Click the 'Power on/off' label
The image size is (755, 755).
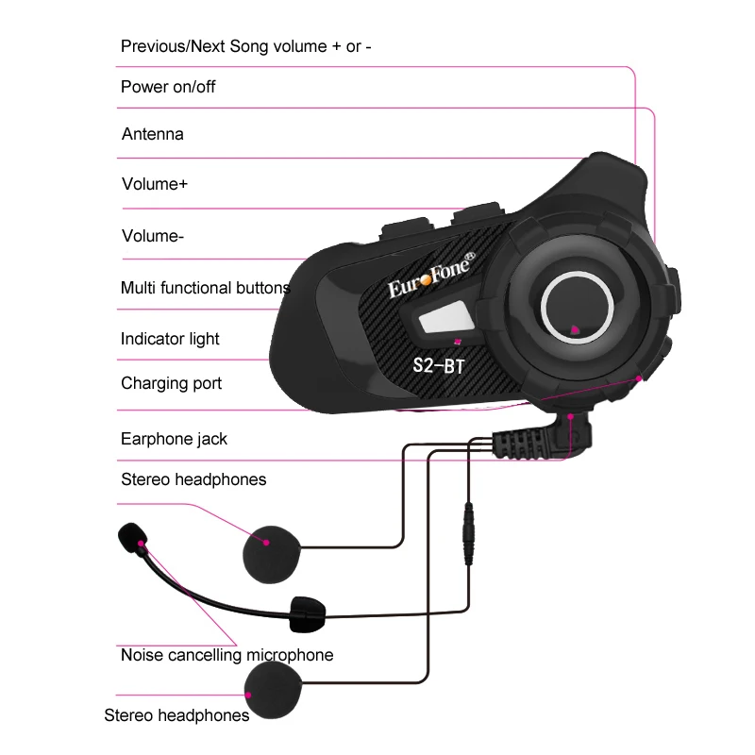pyautogui.click(x=168, y=87)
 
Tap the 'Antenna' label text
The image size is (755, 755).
pyautogui.click(x=152, y=134)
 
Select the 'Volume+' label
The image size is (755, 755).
pyautogui.click(x=154, y=184)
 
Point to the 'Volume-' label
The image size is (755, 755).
pyautogui.click(x=152, y=236)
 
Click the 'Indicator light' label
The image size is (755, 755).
pyautogui.click(x=170, y=339)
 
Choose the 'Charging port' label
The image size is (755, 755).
pyautogui.click(x=171, y=383)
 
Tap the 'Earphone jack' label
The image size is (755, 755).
pyautogui.click(x=174, y=439)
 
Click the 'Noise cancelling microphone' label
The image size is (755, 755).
pyautogui.click(x=226, y=654)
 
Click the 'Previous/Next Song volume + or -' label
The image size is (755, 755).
pyautogui.click(x=245, y=46)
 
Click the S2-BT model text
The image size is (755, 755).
pyautogui.click(x=439, y=365)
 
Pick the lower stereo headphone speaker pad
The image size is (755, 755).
pyautogui.click(x=275, y=688)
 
